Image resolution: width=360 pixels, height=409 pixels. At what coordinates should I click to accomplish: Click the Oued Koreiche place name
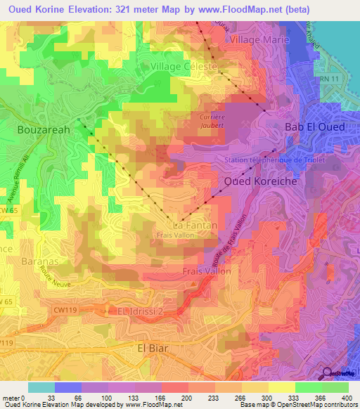point(261,181)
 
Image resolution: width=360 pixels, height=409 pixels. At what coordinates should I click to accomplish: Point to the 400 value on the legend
point(348,398)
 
